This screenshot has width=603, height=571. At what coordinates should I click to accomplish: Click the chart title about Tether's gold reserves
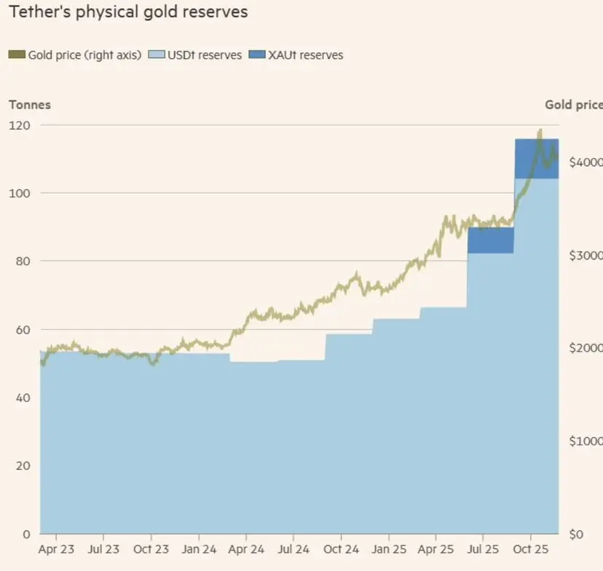128,12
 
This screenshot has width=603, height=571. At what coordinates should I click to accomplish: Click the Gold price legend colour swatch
17,55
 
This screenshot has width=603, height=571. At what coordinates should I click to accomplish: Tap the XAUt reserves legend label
304,55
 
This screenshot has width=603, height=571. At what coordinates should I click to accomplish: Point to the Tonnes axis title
29,105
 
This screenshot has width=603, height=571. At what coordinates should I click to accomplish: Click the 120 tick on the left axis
20,125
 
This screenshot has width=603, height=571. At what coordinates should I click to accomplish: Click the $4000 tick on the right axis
585,162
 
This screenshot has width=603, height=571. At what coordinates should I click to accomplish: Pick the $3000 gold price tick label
585,255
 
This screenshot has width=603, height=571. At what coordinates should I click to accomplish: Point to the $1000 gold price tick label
585,441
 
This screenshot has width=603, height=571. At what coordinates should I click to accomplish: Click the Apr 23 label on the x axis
56,549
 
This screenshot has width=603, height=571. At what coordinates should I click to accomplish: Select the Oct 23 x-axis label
151,549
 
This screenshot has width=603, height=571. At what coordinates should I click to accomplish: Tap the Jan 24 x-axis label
199,549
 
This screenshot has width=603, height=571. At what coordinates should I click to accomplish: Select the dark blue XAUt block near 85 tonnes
490,240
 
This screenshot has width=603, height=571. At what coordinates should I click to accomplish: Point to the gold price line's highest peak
540,131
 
